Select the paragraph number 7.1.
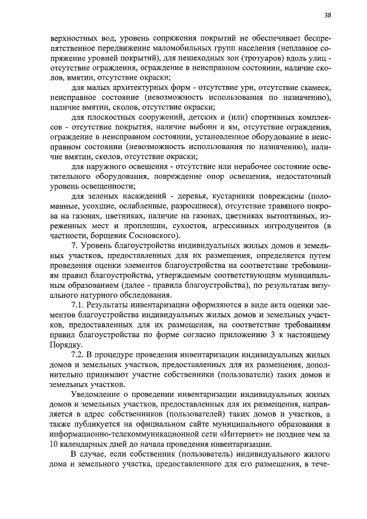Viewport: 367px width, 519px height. [x=77, y=305]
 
